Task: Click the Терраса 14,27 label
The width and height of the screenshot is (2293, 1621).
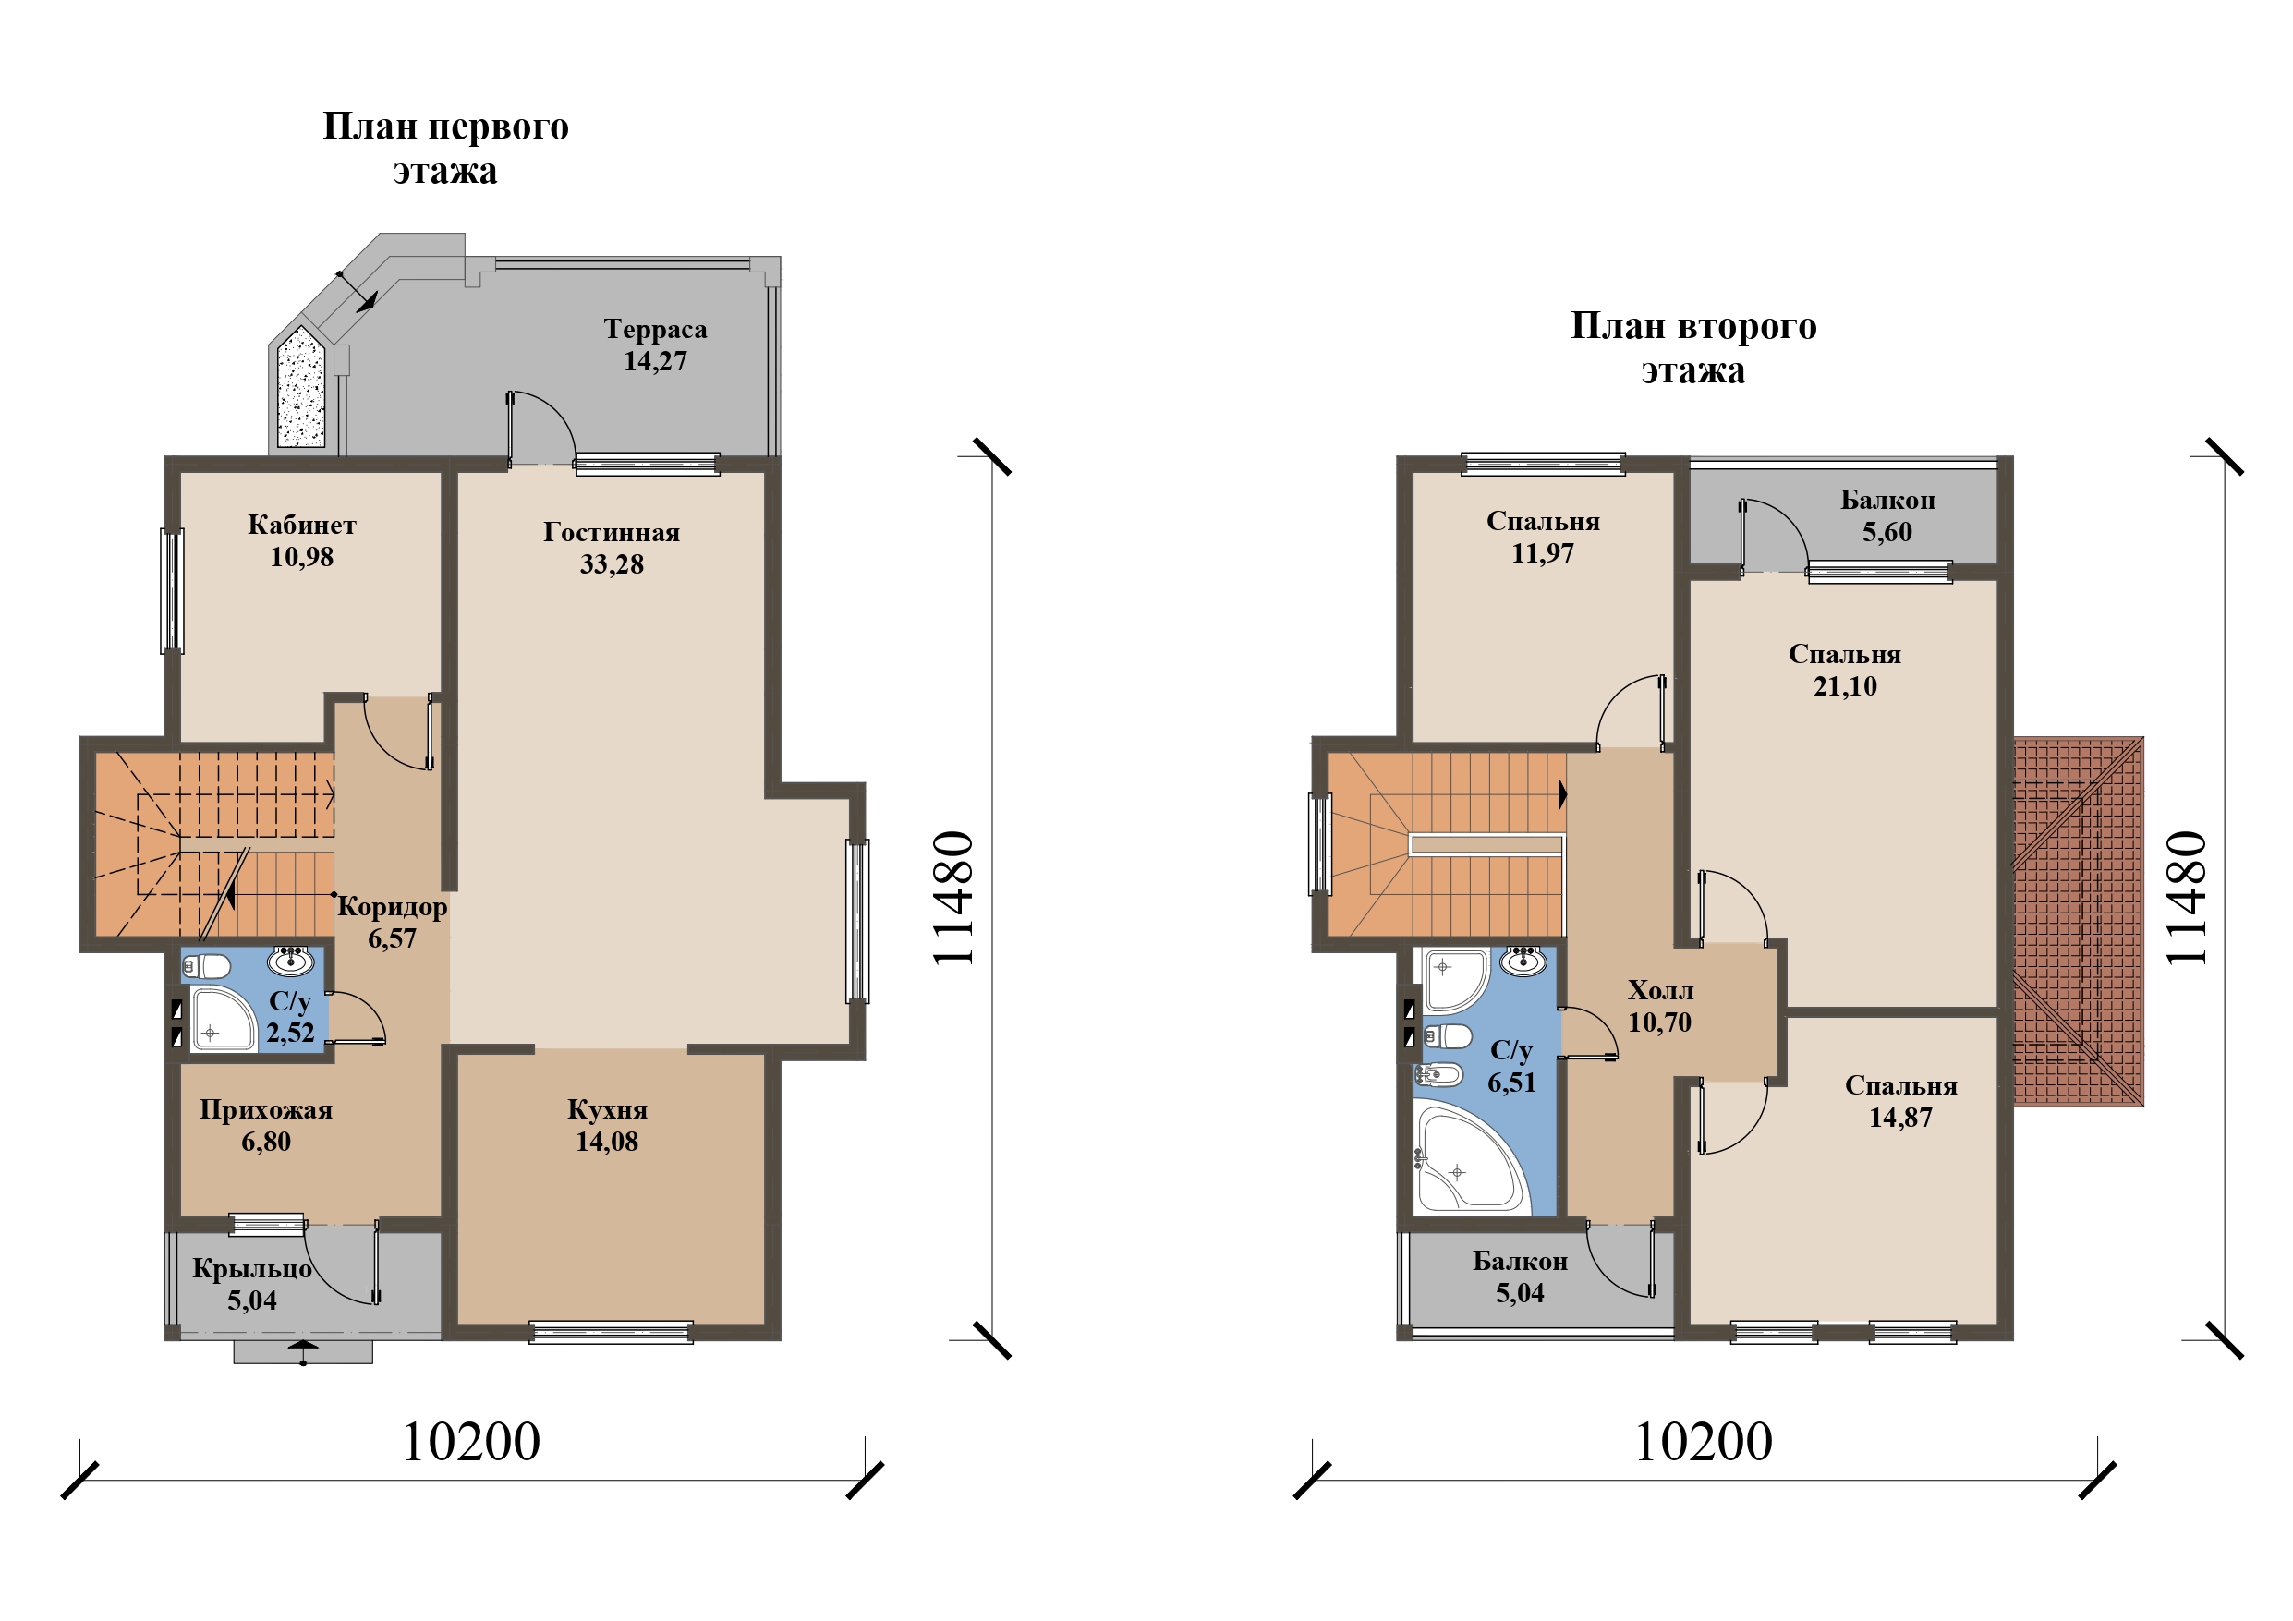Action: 655,345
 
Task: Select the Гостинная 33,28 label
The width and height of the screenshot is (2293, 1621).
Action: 612,548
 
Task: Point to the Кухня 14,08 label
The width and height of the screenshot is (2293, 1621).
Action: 607,1125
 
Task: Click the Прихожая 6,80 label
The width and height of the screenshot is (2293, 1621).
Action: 266,1125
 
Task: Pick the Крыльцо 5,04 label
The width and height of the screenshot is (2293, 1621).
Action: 251,1284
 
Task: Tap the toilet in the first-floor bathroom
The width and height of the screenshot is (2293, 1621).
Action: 206,966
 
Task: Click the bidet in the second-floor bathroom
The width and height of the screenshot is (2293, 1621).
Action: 1438,1075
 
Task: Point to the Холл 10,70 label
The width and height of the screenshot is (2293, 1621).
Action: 1660,1006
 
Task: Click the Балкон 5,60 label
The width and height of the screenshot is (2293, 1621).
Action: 1887,515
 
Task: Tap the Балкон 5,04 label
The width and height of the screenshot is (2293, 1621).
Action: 1520,1276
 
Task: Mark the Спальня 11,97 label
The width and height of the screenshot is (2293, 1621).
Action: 1543,537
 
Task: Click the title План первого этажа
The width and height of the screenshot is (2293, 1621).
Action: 445,148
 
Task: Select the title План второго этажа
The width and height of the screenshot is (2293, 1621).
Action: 1693,347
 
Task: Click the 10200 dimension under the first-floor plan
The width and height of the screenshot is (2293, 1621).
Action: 470,1441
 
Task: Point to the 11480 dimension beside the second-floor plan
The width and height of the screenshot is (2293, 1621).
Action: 2187,898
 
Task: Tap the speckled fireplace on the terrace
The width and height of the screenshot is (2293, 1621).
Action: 300,385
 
